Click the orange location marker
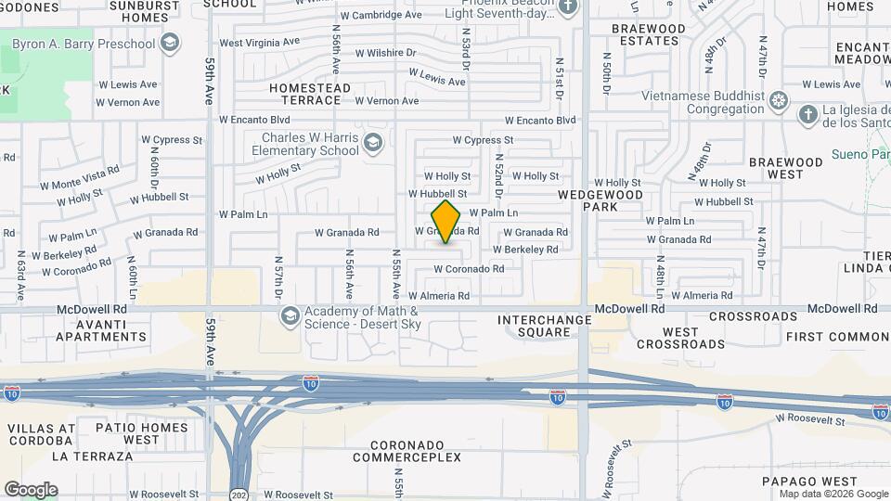445,222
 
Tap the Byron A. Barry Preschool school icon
170,43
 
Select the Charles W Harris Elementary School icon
372,142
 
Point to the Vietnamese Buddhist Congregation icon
779,100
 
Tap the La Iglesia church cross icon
807,114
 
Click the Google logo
31,490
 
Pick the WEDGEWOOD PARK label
600,201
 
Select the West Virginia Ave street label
259,42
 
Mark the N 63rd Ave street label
20,276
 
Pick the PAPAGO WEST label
809,481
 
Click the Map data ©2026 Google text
820,494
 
